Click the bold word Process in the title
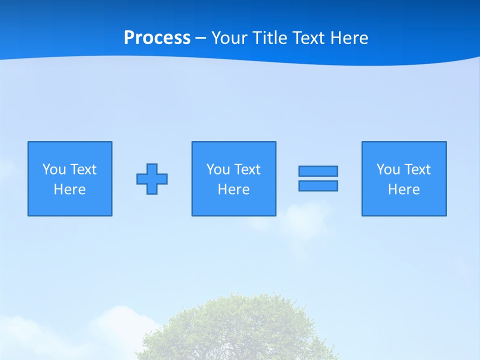(x=157, y=38)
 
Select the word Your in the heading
(x=229, y=38)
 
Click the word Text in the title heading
(x=309, y=38)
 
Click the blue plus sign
(x=152, y=179)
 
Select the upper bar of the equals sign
(x=318, y=171)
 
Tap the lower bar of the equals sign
(x=318, y=185)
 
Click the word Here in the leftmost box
(x=70, y=189)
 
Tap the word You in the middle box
(x=218, y=169)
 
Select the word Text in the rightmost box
(x=417, y=169)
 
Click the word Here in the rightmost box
(x=404, y=189)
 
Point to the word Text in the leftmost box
(x=83, y=169)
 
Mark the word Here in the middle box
(x=234, y=189)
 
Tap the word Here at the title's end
(x=349, y=38)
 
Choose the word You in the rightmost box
(x=388, y=169)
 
